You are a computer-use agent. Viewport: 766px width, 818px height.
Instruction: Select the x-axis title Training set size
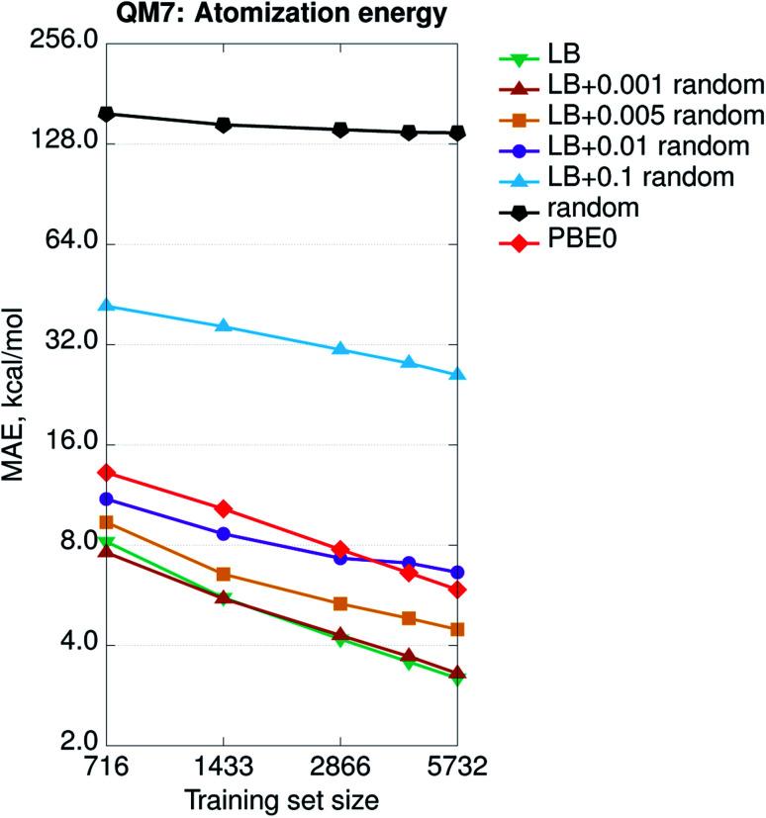pos(281,797)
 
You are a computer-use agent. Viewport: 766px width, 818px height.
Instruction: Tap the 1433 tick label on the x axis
pos(224,769)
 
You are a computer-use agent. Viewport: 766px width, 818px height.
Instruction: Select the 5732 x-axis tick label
pos(456,769)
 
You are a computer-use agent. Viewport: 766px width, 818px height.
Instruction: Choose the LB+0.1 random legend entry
pos(640,177)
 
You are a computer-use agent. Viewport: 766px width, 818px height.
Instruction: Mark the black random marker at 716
pos(106,115)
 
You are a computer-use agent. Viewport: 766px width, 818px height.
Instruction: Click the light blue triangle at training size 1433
pos(224,325)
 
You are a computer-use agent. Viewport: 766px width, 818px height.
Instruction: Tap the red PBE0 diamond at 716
pos(106,473)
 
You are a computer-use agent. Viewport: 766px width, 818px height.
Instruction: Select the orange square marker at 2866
pos(339,603)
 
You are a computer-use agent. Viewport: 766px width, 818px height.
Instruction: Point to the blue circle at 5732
pos(456,573)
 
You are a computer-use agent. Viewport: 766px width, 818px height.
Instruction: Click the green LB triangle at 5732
pos(456,679)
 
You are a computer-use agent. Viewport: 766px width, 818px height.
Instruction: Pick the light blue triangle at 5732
pos(456,374)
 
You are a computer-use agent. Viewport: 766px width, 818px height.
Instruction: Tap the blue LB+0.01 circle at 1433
pos(224,534)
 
